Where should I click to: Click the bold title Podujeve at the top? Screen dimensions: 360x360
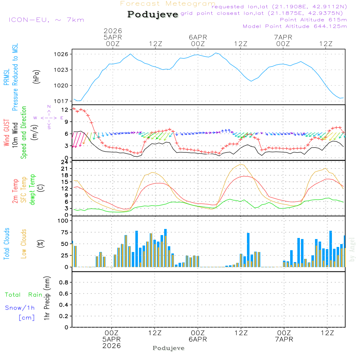pos(153,14)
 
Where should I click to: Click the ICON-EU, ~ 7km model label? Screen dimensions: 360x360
pos(46,20)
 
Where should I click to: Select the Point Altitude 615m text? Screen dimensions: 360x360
pos(313,20)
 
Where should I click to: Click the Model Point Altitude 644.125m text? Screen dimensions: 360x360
pos(295,26)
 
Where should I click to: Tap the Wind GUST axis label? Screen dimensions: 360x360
pos(6,133)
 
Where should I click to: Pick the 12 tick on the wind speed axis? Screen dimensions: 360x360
pos(65,109)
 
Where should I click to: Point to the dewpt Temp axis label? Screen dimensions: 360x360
pos(32,190)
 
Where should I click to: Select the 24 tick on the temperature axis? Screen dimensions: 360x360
pos(65,162)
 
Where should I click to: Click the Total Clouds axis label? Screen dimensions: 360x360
pos(6,244)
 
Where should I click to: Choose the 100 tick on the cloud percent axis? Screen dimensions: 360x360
pos(63,221)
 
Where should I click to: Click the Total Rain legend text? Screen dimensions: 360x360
pos(24,295)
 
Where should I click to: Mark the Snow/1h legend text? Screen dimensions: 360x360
pos(20,308)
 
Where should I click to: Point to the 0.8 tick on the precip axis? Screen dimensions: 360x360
pos(64,283)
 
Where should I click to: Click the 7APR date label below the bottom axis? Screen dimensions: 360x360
pos(284,339)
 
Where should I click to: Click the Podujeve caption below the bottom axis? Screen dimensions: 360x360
pos(168,348)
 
